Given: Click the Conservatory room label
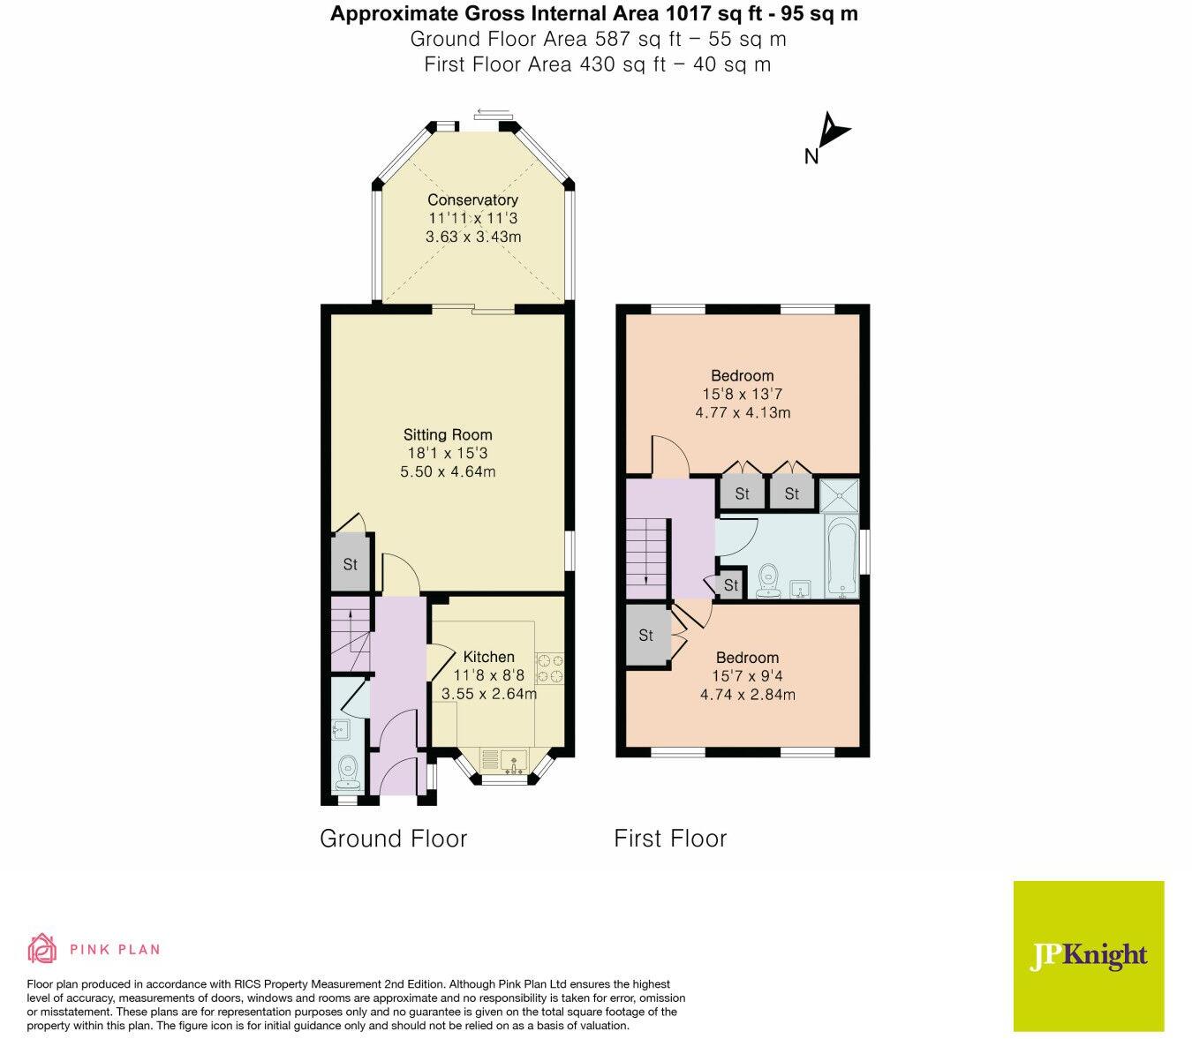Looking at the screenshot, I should (472, 200).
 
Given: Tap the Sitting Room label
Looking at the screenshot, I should (448, 434).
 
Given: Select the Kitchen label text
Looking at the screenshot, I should (488, 657).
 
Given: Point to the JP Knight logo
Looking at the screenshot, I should (1088, 955).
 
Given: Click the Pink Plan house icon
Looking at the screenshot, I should (41, 949).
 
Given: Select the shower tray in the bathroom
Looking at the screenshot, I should (839, 495).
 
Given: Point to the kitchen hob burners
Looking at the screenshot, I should (549, 668).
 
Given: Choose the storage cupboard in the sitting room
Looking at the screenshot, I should (350, 563).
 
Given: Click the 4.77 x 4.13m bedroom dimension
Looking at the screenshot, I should (743, 412).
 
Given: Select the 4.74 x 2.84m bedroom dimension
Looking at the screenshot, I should (747, 695).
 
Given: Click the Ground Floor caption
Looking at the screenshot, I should (393, 839).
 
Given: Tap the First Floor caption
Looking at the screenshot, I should (670, 839).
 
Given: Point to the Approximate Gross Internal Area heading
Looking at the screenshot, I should (593, 14).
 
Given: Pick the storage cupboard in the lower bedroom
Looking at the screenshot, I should (646, 635).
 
